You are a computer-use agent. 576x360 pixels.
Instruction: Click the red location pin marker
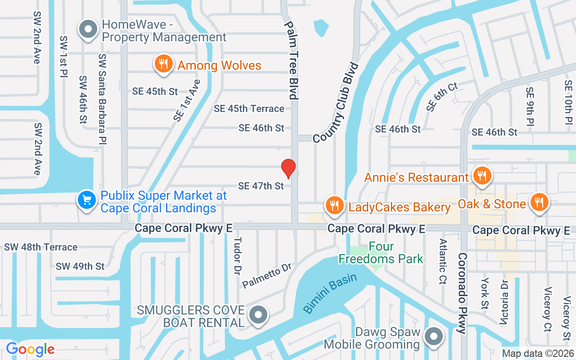pyautogui.click(x=288, y=169)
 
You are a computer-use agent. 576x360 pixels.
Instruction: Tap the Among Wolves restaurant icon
pyautogui.click(x=163, y=64)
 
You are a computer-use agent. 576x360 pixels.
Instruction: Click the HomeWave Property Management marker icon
pyautogui.click(x=89, y=30)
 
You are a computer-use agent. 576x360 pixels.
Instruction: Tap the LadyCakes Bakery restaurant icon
pyautogui.click(x=334, y=206)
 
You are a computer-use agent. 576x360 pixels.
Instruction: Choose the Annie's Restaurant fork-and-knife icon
pyautogui.click(x=482, y=176)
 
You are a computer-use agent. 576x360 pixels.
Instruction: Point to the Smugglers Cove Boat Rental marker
pyautogui.click(x=258, y=316)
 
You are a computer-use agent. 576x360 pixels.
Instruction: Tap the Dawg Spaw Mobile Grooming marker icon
pyautogui.click(x=434, y=337)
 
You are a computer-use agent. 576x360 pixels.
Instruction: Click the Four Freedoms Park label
pyautogui.click(x=381, y=253)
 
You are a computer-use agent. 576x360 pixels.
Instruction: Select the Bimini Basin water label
pyautogui.click(x=330, y=293)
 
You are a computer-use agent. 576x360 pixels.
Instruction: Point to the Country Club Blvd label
pyautogui.click(x=337, y=103)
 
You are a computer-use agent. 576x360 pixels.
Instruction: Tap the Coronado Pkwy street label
pyautogui.click(x=462, y=293)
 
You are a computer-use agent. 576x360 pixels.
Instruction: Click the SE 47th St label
pyautogui.click(x=261, y=185)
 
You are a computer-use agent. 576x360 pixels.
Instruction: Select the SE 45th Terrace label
pyautogui.click(x=249, y=108)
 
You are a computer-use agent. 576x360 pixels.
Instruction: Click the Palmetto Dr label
pyautogui.click(x=267, y=275)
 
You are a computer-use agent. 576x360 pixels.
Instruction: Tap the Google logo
pyautogui.click(x=30, y=349)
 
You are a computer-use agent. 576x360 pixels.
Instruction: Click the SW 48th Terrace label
pyautogui.click(x=41, y=247)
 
